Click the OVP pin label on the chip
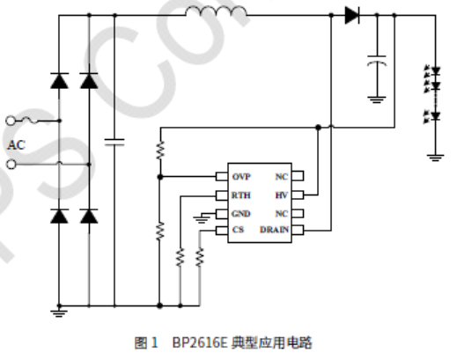[240, 177]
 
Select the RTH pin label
[240, 195]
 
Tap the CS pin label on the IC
[237, 230]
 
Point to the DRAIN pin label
[274, 230]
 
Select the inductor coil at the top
[216, 12]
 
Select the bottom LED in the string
[433, 115]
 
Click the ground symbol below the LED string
[433, 158]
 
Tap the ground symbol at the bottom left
[60, 309]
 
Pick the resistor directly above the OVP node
[159, 149]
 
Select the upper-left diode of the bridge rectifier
[60, 81]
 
